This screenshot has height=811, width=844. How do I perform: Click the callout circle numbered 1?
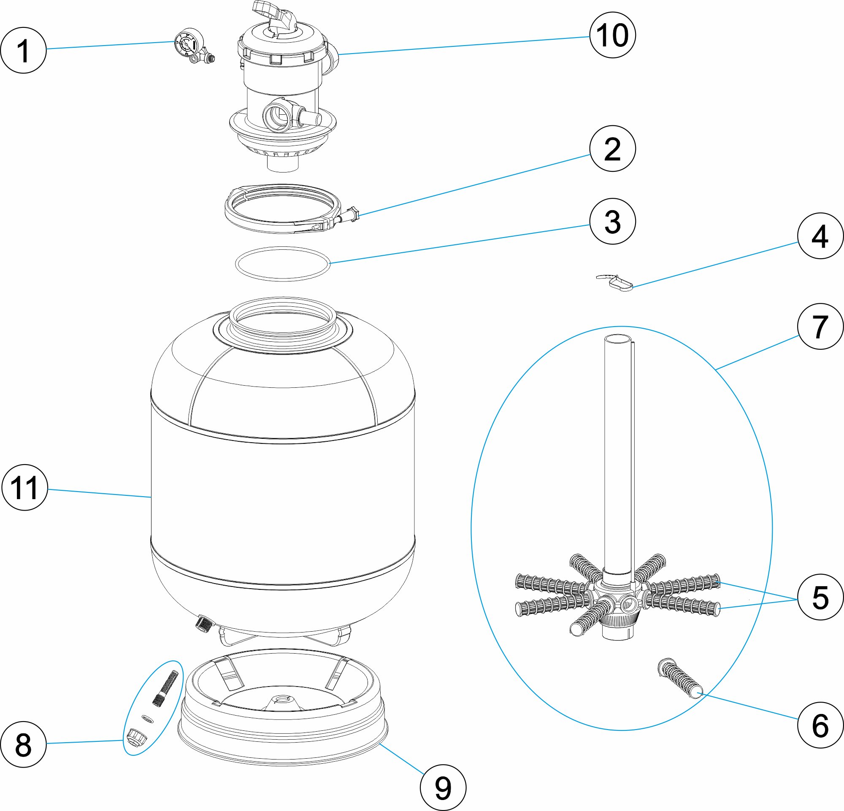(x=23, y=50)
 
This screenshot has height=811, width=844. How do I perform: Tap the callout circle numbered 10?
(x=612, y=35)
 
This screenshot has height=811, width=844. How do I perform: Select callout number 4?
(x=820, y=236)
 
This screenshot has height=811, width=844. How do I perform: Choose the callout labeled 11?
(x=25, y=487)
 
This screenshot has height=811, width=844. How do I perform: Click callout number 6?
(x=820, y=725)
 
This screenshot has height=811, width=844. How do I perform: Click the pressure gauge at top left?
(x=188, y=43)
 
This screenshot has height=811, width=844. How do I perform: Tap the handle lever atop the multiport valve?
(x=276, y=15)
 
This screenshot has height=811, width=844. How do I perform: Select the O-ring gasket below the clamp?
(x=283, y=264)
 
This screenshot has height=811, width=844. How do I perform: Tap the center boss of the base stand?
(x=283, y=699)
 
